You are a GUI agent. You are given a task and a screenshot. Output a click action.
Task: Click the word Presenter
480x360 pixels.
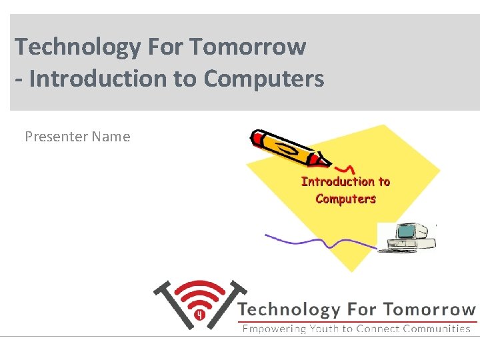point(56,137)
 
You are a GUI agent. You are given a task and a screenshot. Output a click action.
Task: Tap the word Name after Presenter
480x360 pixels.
point(111,137)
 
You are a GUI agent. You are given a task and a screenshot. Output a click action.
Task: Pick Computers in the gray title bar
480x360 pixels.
point(264,79)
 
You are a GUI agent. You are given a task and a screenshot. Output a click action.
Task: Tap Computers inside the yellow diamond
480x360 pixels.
point(345,199)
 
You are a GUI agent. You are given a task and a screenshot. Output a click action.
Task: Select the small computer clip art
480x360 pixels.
point(406,237)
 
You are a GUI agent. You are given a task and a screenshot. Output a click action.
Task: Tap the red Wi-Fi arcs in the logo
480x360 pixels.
point(200,293)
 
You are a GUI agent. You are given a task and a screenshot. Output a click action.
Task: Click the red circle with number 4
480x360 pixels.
point(199,314)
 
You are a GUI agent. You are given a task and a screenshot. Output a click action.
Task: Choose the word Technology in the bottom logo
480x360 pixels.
point(289,309)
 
